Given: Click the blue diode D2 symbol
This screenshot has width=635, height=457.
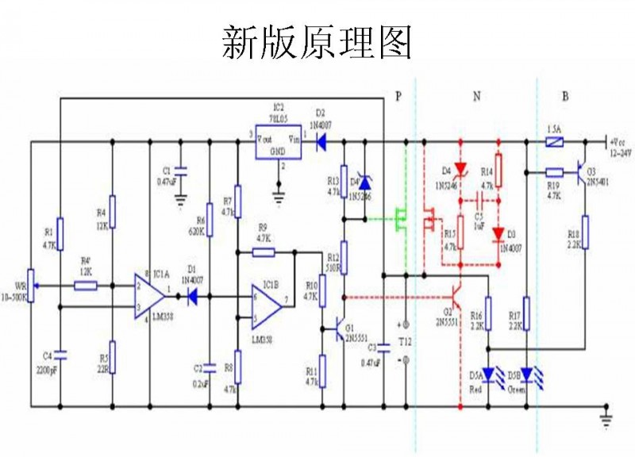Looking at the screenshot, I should [x=321, y=144].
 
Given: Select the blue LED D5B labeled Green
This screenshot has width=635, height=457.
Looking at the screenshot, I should [x=525, y=373].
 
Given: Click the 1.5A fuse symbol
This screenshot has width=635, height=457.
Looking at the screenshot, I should [x=556, y=144].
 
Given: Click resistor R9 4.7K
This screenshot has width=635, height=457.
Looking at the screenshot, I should [x=264, y=252].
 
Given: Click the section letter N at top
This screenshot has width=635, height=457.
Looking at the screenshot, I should [x=476, y=97].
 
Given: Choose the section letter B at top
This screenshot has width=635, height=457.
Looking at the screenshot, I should [x=565, y=97].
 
